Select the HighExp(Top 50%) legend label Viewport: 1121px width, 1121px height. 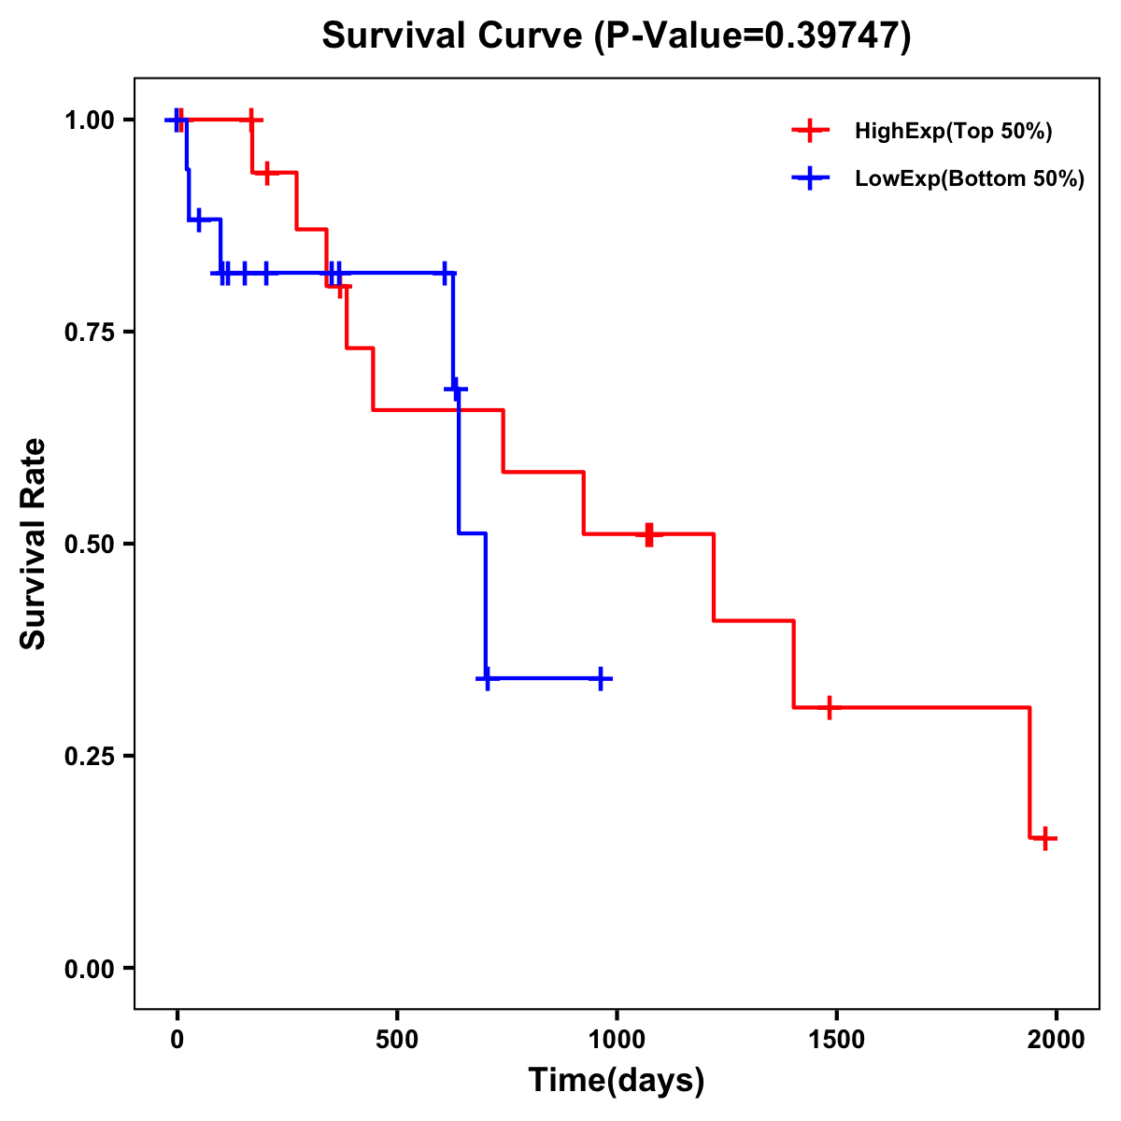953,132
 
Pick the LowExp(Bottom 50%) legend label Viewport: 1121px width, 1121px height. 969,179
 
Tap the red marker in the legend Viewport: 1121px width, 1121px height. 810,131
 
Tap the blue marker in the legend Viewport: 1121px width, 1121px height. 810,178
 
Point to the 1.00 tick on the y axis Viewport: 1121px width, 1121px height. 90,121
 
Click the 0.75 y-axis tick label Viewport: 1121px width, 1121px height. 90,333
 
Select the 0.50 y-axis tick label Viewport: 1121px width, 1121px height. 90,545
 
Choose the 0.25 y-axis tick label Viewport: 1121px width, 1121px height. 90,757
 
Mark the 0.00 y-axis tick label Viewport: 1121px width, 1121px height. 90,969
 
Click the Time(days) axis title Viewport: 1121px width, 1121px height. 617,1081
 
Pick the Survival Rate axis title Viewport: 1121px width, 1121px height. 34,544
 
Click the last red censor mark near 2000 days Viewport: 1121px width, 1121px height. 1045,838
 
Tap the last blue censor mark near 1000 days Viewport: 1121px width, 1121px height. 602,679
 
